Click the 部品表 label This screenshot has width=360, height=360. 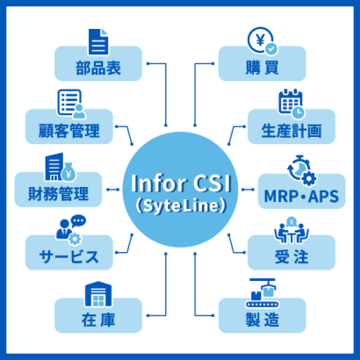(x=98, y=68)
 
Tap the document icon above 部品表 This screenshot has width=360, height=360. (x=98, y=41)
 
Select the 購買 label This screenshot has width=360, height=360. (x=262, y=68)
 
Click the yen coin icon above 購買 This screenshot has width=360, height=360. (x=263, y=41)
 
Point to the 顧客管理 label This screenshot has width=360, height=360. (x=69, y=131)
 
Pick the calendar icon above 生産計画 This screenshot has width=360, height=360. (x=292, y=104)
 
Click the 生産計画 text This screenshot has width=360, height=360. (x=292, y=131)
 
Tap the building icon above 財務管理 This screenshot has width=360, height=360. (x=61, y=167)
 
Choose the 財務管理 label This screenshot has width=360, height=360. (x=58, y=194)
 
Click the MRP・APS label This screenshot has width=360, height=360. (x=301, y=196)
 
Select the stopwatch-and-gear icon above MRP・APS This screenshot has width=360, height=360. (x=302, y=170)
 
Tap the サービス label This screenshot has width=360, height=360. (x=69, y=256)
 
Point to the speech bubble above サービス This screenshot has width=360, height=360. (x=78, y=221)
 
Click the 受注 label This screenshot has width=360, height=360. (x=292, y=256)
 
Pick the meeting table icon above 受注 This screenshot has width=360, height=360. (x=292, y=230)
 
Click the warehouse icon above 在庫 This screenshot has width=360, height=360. (x=98, y=294)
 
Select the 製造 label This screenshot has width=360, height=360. (x=262, y=320)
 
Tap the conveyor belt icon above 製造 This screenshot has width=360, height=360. (x=262, y=293)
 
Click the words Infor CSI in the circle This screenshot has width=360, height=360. (x=181, y=184)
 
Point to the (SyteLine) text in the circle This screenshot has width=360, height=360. (x=181, y=206)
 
